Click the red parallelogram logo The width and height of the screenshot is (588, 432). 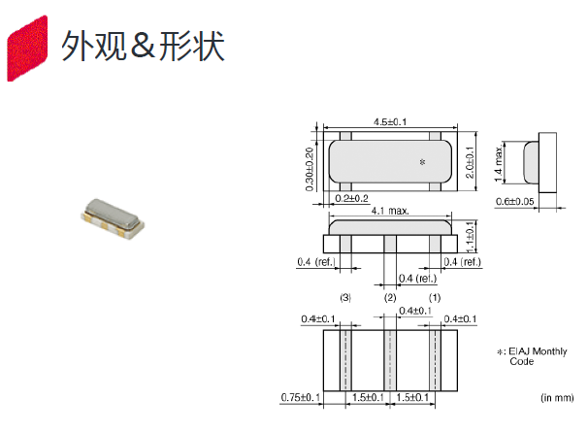click(x=27, y=48)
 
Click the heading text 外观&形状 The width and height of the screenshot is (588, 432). click(x=143, y=47)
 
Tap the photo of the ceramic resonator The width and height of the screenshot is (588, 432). click(x=113, y=218)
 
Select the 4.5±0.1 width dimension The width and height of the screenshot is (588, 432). click(x=390, y=122)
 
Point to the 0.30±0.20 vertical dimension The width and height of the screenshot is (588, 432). click(x=310, y=169)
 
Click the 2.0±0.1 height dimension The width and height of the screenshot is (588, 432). click(x=470, y=162)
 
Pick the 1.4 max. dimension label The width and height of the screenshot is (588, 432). click(x=499, y=164)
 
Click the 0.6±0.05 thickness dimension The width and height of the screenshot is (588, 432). click(x=515, y=202)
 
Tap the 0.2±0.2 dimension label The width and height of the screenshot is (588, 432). click(x=352, y=198)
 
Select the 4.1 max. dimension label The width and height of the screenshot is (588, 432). click(x=390, y=211)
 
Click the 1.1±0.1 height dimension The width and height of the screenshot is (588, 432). click(x=470, y=237)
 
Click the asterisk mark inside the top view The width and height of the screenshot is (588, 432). click(x=423, y=162)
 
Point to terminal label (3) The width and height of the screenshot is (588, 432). click(x=345, y=298)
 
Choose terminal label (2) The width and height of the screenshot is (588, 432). click(x=390, y=298)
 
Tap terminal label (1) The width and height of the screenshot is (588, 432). click(x=435, y=298)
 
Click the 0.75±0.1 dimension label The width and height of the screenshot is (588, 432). click(x=301, y=397)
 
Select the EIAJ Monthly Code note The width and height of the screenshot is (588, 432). click(x=532, y=356)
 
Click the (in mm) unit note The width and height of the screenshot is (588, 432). click(x=557, y=397)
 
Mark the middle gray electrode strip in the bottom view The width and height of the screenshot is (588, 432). click(x=390, y=360)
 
